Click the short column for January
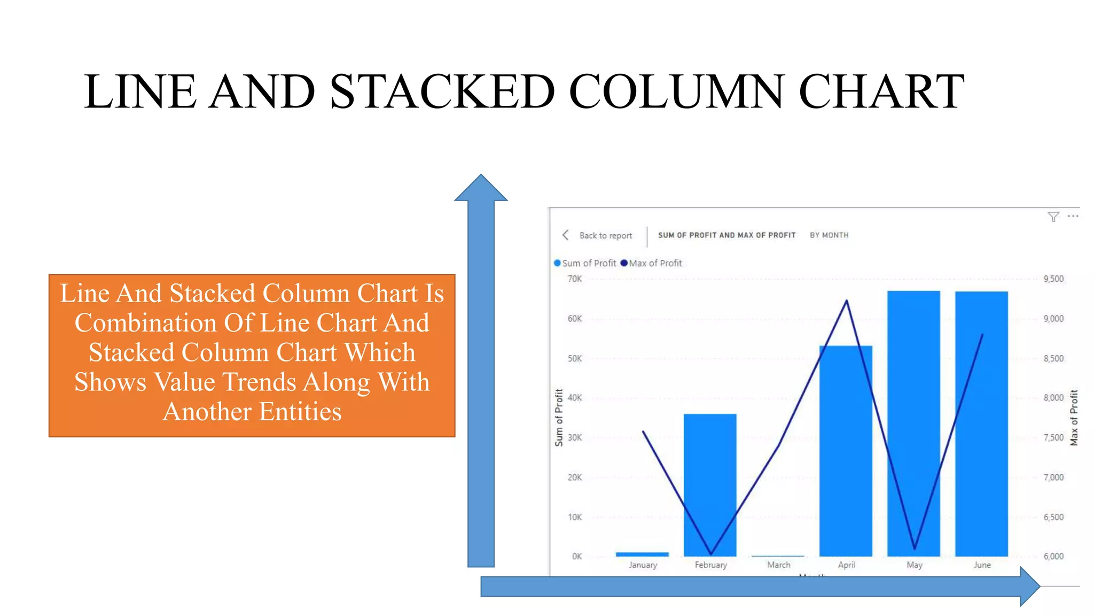tap(642, 554)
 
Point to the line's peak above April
tap(847, 301)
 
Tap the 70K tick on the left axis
tap(575, 279)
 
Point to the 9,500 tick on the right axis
tap(1053, 279)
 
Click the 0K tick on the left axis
tap(577, 556)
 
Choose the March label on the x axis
tap(778, 565)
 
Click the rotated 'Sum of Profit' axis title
tap(559, 417)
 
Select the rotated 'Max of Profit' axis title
tap(1074, 417)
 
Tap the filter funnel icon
tap(1053, 217)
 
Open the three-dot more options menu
tap(1073, 216)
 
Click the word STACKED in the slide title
tap(442, 91)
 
